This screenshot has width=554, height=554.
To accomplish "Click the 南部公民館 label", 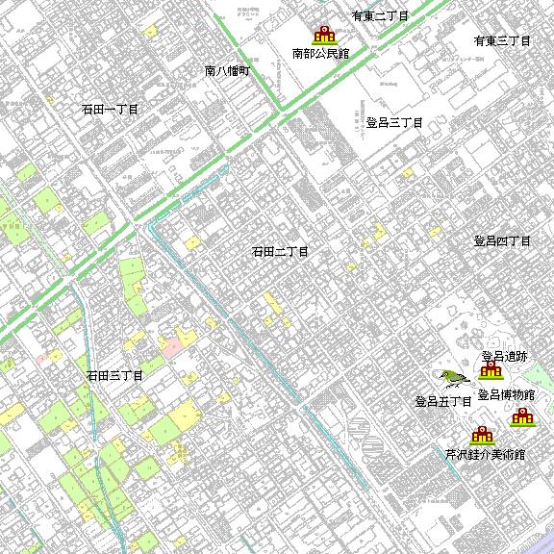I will tap(320, 54).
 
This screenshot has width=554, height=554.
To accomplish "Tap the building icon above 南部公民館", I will tap(324, 35).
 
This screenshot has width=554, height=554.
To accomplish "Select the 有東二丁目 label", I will tap(380, 16).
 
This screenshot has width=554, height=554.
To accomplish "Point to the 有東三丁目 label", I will tap(502, 41).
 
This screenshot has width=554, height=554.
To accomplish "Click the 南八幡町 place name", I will tap(227, 71).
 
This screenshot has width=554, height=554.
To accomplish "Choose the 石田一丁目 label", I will tap(110, 111).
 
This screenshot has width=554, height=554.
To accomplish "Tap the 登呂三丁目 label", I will tap(394, 123).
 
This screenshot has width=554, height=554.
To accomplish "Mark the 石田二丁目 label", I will tap(280, 252).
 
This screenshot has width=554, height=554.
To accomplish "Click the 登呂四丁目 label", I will tap(502, 241).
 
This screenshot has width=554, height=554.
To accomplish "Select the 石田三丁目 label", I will tap(114, 375).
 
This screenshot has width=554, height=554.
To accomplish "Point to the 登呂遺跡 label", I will tap(505, 356).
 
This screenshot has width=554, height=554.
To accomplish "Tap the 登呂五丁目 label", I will tap(442, 401).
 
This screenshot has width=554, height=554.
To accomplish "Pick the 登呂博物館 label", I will tap(506, 395).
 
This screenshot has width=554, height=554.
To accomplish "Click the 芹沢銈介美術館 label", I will tap(485, 454).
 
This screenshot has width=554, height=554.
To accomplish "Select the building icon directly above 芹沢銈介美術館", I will tap(481, 436).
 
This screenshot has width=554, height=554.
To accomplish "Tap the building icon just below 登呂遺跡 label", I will tap(492, 370).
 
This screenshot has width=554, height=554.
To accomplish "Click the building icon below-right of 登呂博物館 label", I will tap(522, 417).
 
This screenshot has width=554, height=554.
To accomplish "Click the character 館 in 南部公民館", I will tap(343, 54).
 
